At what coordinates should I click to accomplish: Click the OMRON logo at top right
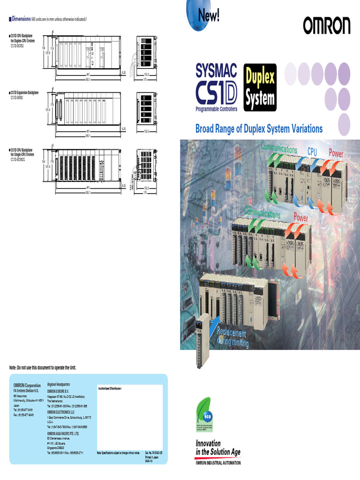point(326,26)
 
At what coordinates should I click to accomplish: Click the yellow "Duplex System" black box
point(260,88)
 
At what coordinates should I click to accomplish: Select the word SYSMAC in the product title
point(216,71)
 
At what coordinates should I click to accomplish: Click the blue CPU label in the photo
point(312,151)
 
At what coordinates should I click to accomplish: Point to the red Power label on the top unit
point(336,153)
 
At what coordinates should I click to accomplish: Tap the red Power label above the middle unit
point(300,218)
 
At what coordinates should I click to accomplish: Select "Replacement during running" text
point(232,338)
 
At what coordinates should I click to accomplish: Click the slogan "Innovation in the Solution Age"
point(218,448)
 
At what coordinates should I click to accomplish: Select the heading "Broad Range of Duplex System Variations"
point(259,128)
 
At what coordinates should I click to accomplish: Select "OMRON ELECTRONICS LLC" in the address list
point(63,412)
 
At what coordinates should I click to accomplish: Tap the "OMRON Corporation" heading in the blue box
point(27,386)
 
